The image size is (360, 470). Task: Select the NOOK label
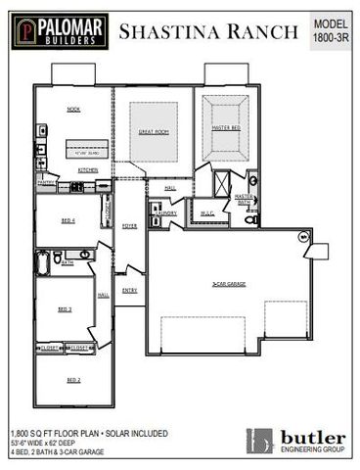(73, 109)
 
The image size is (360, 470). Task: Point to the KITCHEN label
(88, 169)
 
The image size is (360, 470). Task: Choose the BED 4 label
(67, 220)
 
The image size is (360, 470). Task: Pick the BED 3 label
(65, 308)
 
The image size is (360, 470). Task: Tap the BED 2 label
(72, 379)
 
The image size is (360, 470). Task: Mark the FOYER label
(129, 226)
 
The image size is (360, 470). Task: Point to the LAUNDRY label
(166, 212)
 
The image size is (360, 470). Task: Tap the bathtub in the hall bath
(43, 262)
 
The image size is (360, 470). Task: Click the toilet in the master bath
(250, 219)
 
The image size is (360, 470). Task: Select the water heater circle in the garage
(303, 237)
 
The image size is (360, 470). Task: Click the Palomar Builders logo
(59, 30)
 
